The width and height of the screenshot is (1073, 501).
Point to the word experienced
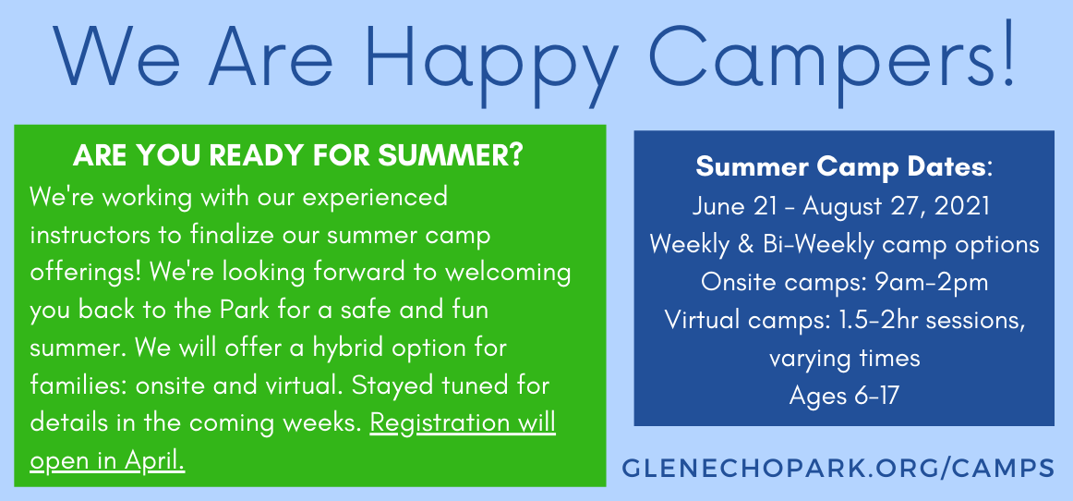(374, 199)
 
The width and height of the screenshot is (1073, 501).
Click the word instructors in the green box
(88, 236)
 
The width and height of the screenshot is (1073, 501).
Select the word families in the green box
(77, 385)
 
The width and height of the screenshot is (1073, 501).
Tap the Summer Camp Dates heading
(843, 166)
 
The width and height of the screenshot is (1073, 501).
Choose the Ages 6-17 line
(843, 396)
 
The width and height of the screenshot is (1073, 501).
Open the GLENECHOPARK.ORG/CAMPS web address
(838, 468)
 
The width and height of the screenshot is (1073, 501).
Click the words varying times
(844, 359)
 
